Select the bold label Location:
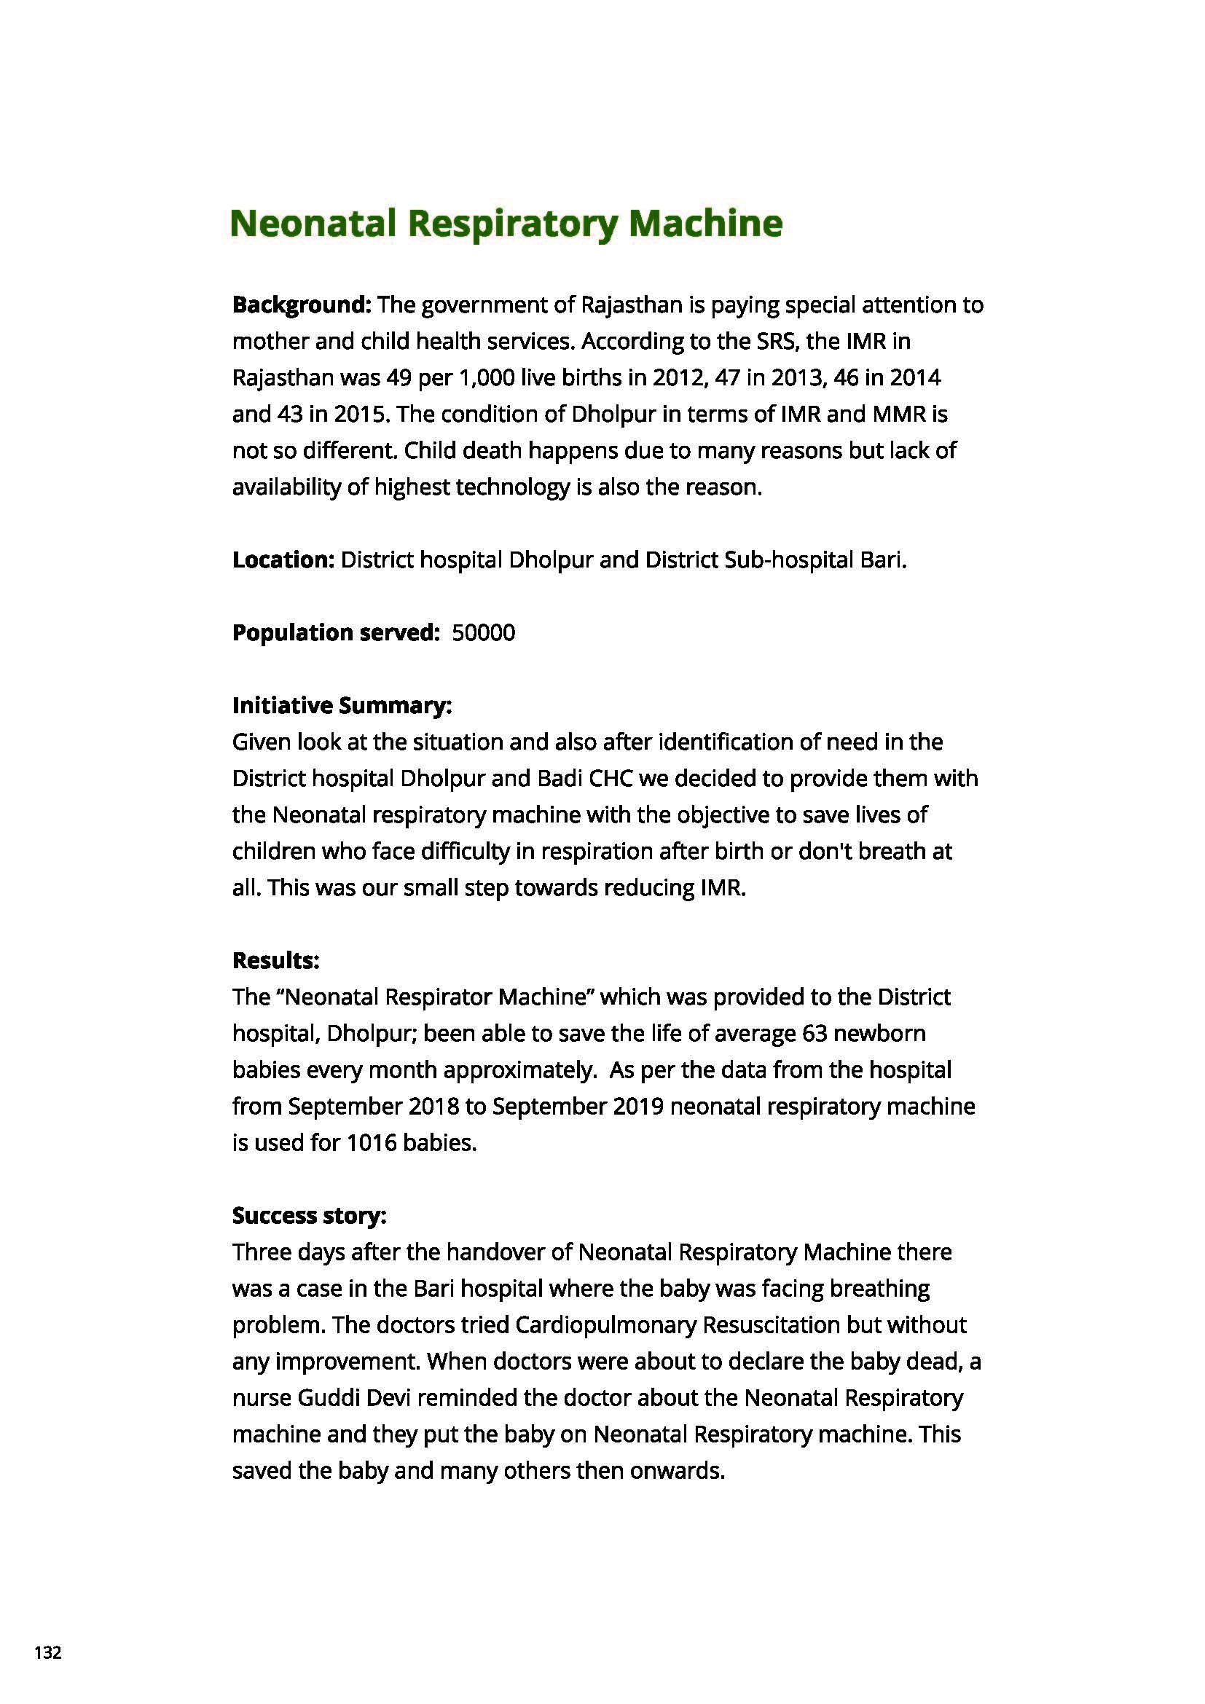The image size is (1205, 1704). pyautogui.click(x=283, y=560)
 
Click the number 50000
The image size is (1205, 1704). pyautogui.click(x=483, y=633)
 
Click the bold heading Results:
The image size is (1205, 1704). pyautogui.click(x=275, y=960)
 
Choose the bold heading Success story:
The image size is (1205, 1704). pyautogui.click(x=310, y=1216)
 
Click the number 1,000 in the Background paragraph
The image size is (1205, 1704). pyautogui.click(x=487, y=378)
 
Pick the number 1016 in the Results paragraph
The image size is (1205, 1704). pyautogui.click(x=371, y=1143)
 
